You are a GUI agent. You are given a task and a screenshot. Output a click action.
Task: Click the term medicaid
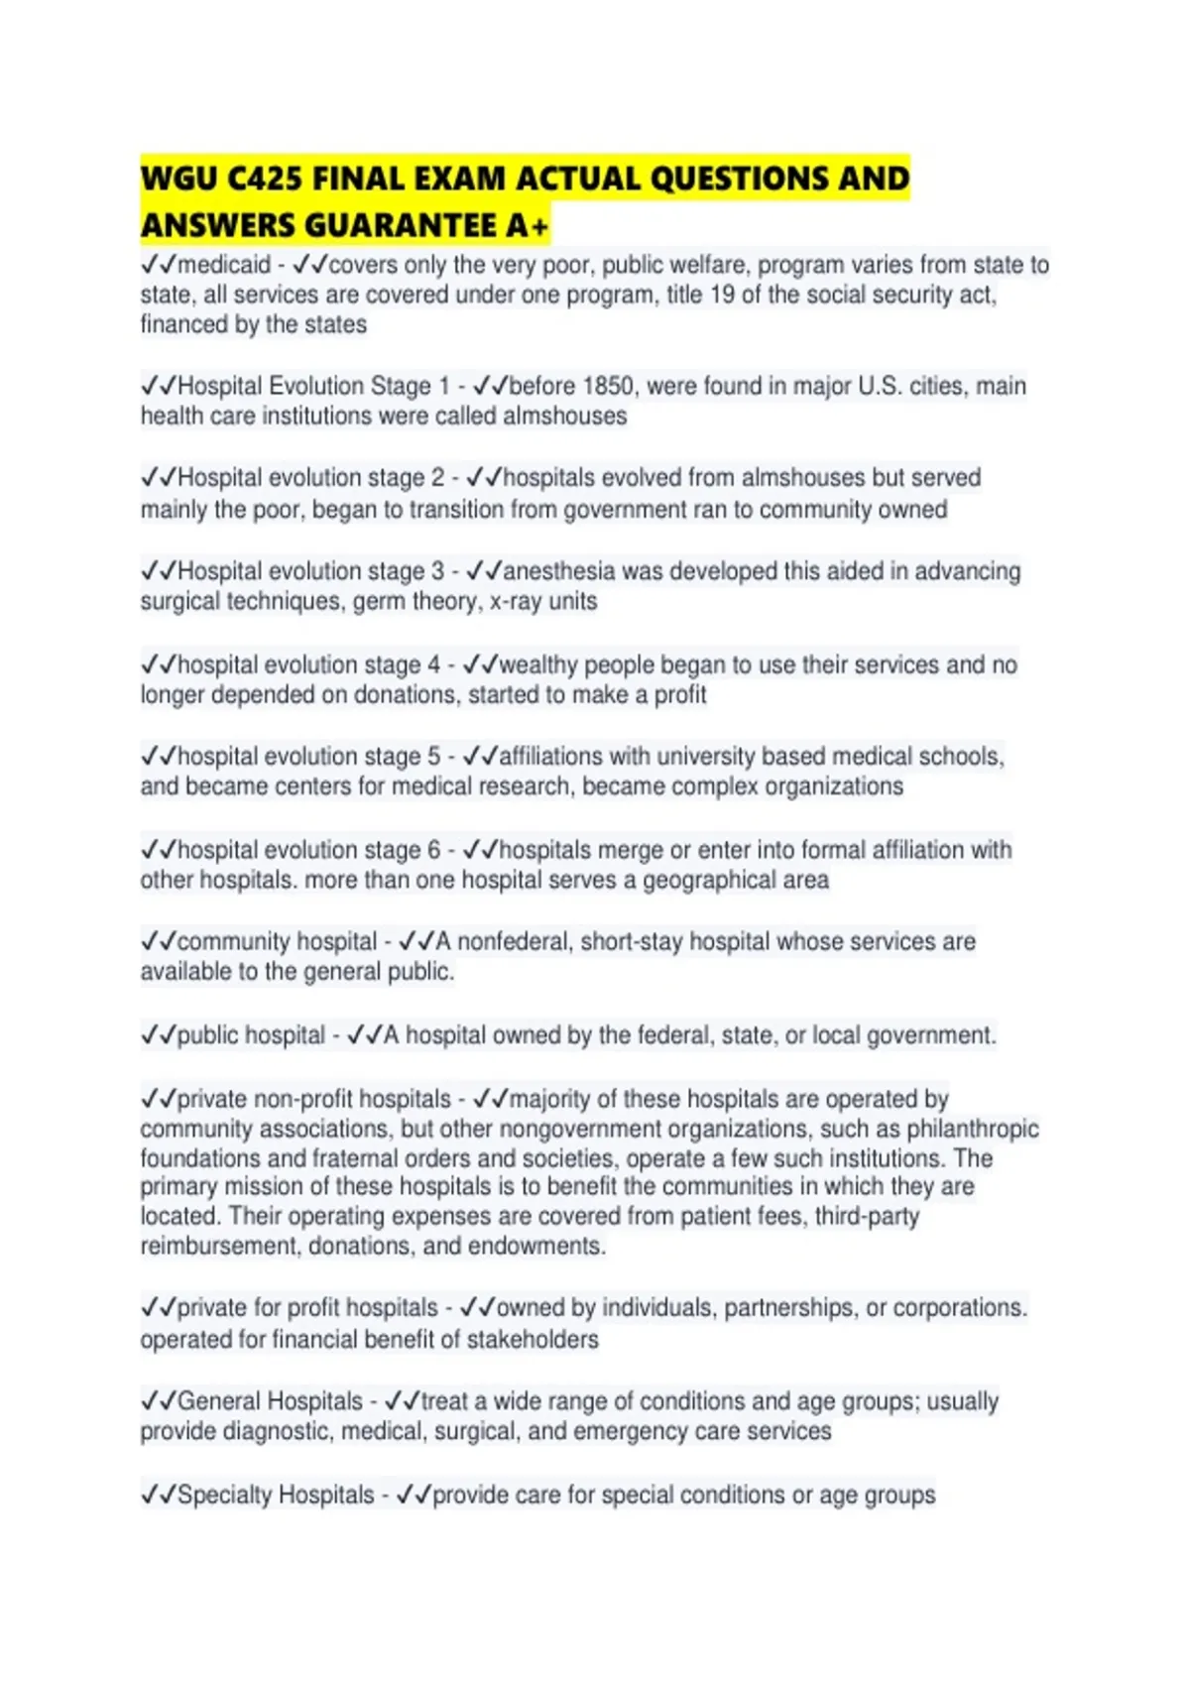pos(224,265)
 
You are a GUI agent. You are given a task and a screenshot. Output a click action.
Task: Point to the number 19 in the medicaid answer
pos(722,295)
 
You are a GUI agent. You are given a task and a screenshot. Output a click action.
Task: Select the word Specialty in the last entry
pos(226,1495)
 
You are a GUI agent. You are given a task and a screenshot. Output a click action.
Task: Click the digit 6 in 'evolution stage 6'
pos(433,850)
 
